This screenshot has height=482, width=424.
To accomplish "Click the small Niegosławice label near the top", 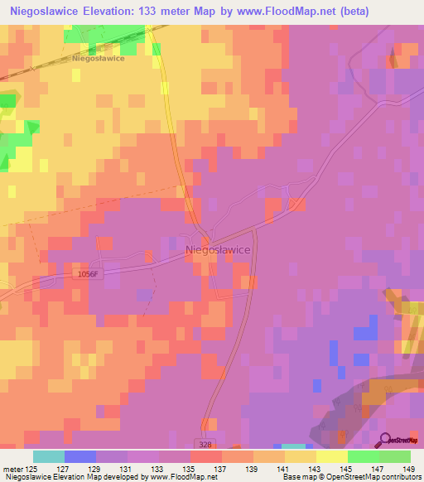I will tap(99, 59).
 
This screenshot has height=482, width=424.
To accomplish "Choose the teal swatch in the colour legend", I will tap(49, 456).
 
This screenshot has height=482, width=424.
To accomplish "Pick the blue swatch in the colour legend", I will tap(80, 456).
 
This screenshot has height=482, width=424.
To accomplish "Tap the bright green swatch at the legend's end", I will tap(394, 456).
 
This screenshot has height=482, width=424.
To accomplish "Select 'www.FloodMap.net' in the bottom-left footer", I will tap(176, 477).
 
